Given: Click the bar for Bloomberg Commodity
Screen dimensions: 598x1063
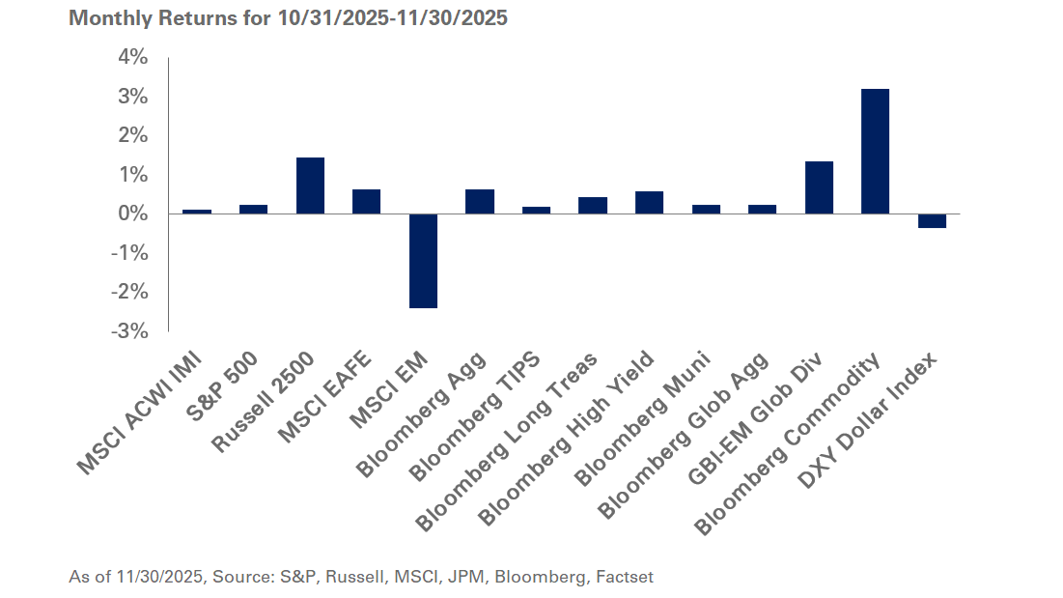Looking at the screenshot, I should click(x=875, y=151).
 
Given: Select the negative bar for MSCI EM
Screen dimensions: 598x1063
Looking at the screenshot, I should click(x=423, y=261).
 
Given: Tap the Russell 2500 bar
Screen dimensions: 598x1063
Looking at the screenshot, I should click(x=310, y=185).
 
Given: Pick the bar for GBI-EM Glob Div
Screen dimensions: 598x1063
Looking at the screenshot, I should click(x=819, y=187).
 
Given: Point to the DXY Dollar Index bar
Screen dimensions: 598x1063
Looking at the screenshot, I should click(x=932, y=220).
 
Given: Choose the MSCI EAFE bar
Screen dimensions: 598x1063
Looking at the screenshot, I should click(x=366, y=201).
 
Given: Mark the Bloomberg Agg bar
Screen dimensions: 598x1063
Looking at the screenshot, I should click(x=480, y=201).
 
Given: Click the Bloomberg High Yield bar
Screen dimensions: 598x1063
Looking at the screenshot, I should click(x=649, y=202).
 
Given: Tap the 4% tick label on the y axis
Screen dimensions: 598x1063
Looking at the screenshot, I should click(x=133, y=58).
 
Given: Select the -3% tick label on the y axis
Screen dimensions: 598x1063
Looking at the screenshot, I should click(x=131, y=331).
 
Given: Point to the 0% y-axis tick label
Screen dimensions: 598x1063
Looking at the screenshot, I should click(x=133, y=214).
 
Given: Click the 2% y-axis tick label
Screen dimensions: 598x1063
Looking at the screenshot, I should click(x=133, y=135).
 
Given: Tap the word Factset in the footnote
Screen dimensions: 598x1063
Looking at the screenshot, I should click(x=625, y=577).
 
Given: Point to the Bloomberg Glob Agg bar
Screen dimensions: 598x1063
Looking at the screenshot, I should click(x=762, y=209).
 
